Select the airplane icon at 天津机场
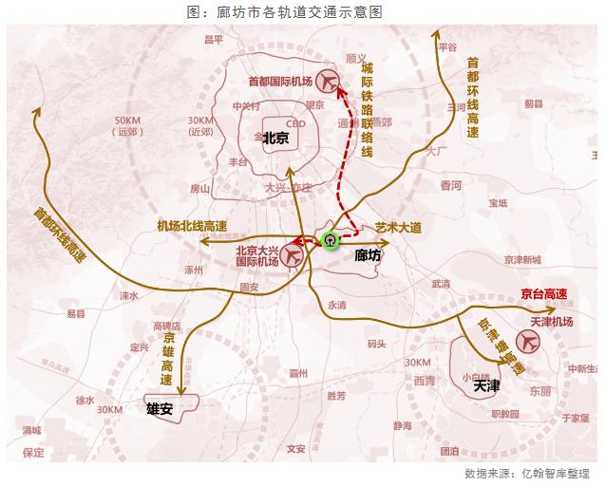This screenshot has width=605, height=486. pyautogui.click(x=525, y=341)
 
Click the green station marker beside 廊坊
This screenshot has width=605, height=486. pyautogui.click(x=330, y=239)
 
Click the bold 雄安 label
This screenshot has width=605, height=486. pyautogui.click(x=159, y=409)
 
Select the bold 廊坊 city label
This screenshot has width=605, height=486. pyautogui.click(x=368, y=255)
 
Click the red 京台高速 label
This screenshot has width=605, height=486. pyautogui.click(x=545, y=294)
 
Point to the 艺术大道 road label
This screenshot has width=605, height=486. pyautogui.click(x=398, y=228)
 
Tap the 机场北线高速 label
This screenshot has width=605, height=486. pyautogui.click(x=192, y=226)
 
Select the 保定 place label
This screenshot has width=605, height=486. pyautogui.click(x=34, y=453)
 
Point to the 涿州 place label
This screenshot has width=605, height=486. pyautogui.click(x=195, y=270)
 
